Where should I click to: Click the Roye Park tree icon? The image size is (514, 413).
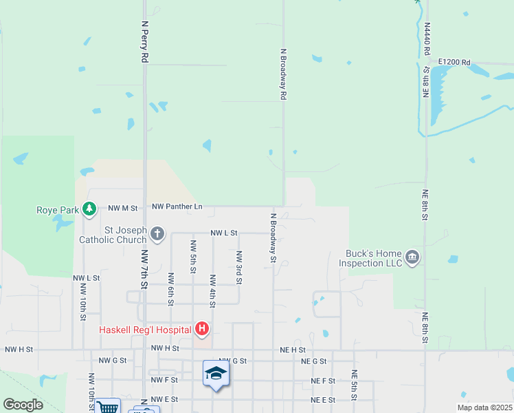click(89, 208)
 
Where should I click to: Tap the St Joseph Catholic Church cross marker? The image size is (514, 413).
click(157, 234)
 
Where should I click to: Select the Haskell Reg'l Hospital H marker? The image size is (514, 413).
click(202, 330)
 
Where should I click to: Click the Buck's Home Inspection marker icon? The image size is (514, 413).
click(412, 258)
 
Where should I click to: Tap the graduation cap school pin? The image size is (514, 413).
click(216, 373)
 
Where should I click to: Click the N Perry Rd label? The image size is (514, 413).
click(145, 42)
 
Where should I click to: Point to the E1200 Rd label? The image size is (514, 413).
click(456, 63)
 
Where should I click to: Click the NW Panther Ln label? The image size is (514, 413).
click(177, 206)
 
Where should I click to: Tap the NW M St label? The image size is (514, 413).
click(124, 207)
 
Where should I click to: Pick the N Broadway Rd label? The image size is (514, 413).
click(282, 74)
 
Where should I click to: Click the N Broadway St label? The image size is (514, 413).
click(273, 237)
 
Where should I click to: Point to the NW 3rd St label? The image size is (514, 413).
click(238, 267)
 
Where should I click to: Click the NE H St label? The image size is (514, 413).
click(292, 350)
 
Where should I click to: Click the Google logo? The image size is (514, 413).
click(23, 405)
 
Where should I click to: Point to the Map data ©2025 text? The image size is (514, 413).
click(484, 407)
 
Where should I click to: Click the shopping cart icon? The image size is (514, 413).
click(108, 407)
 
